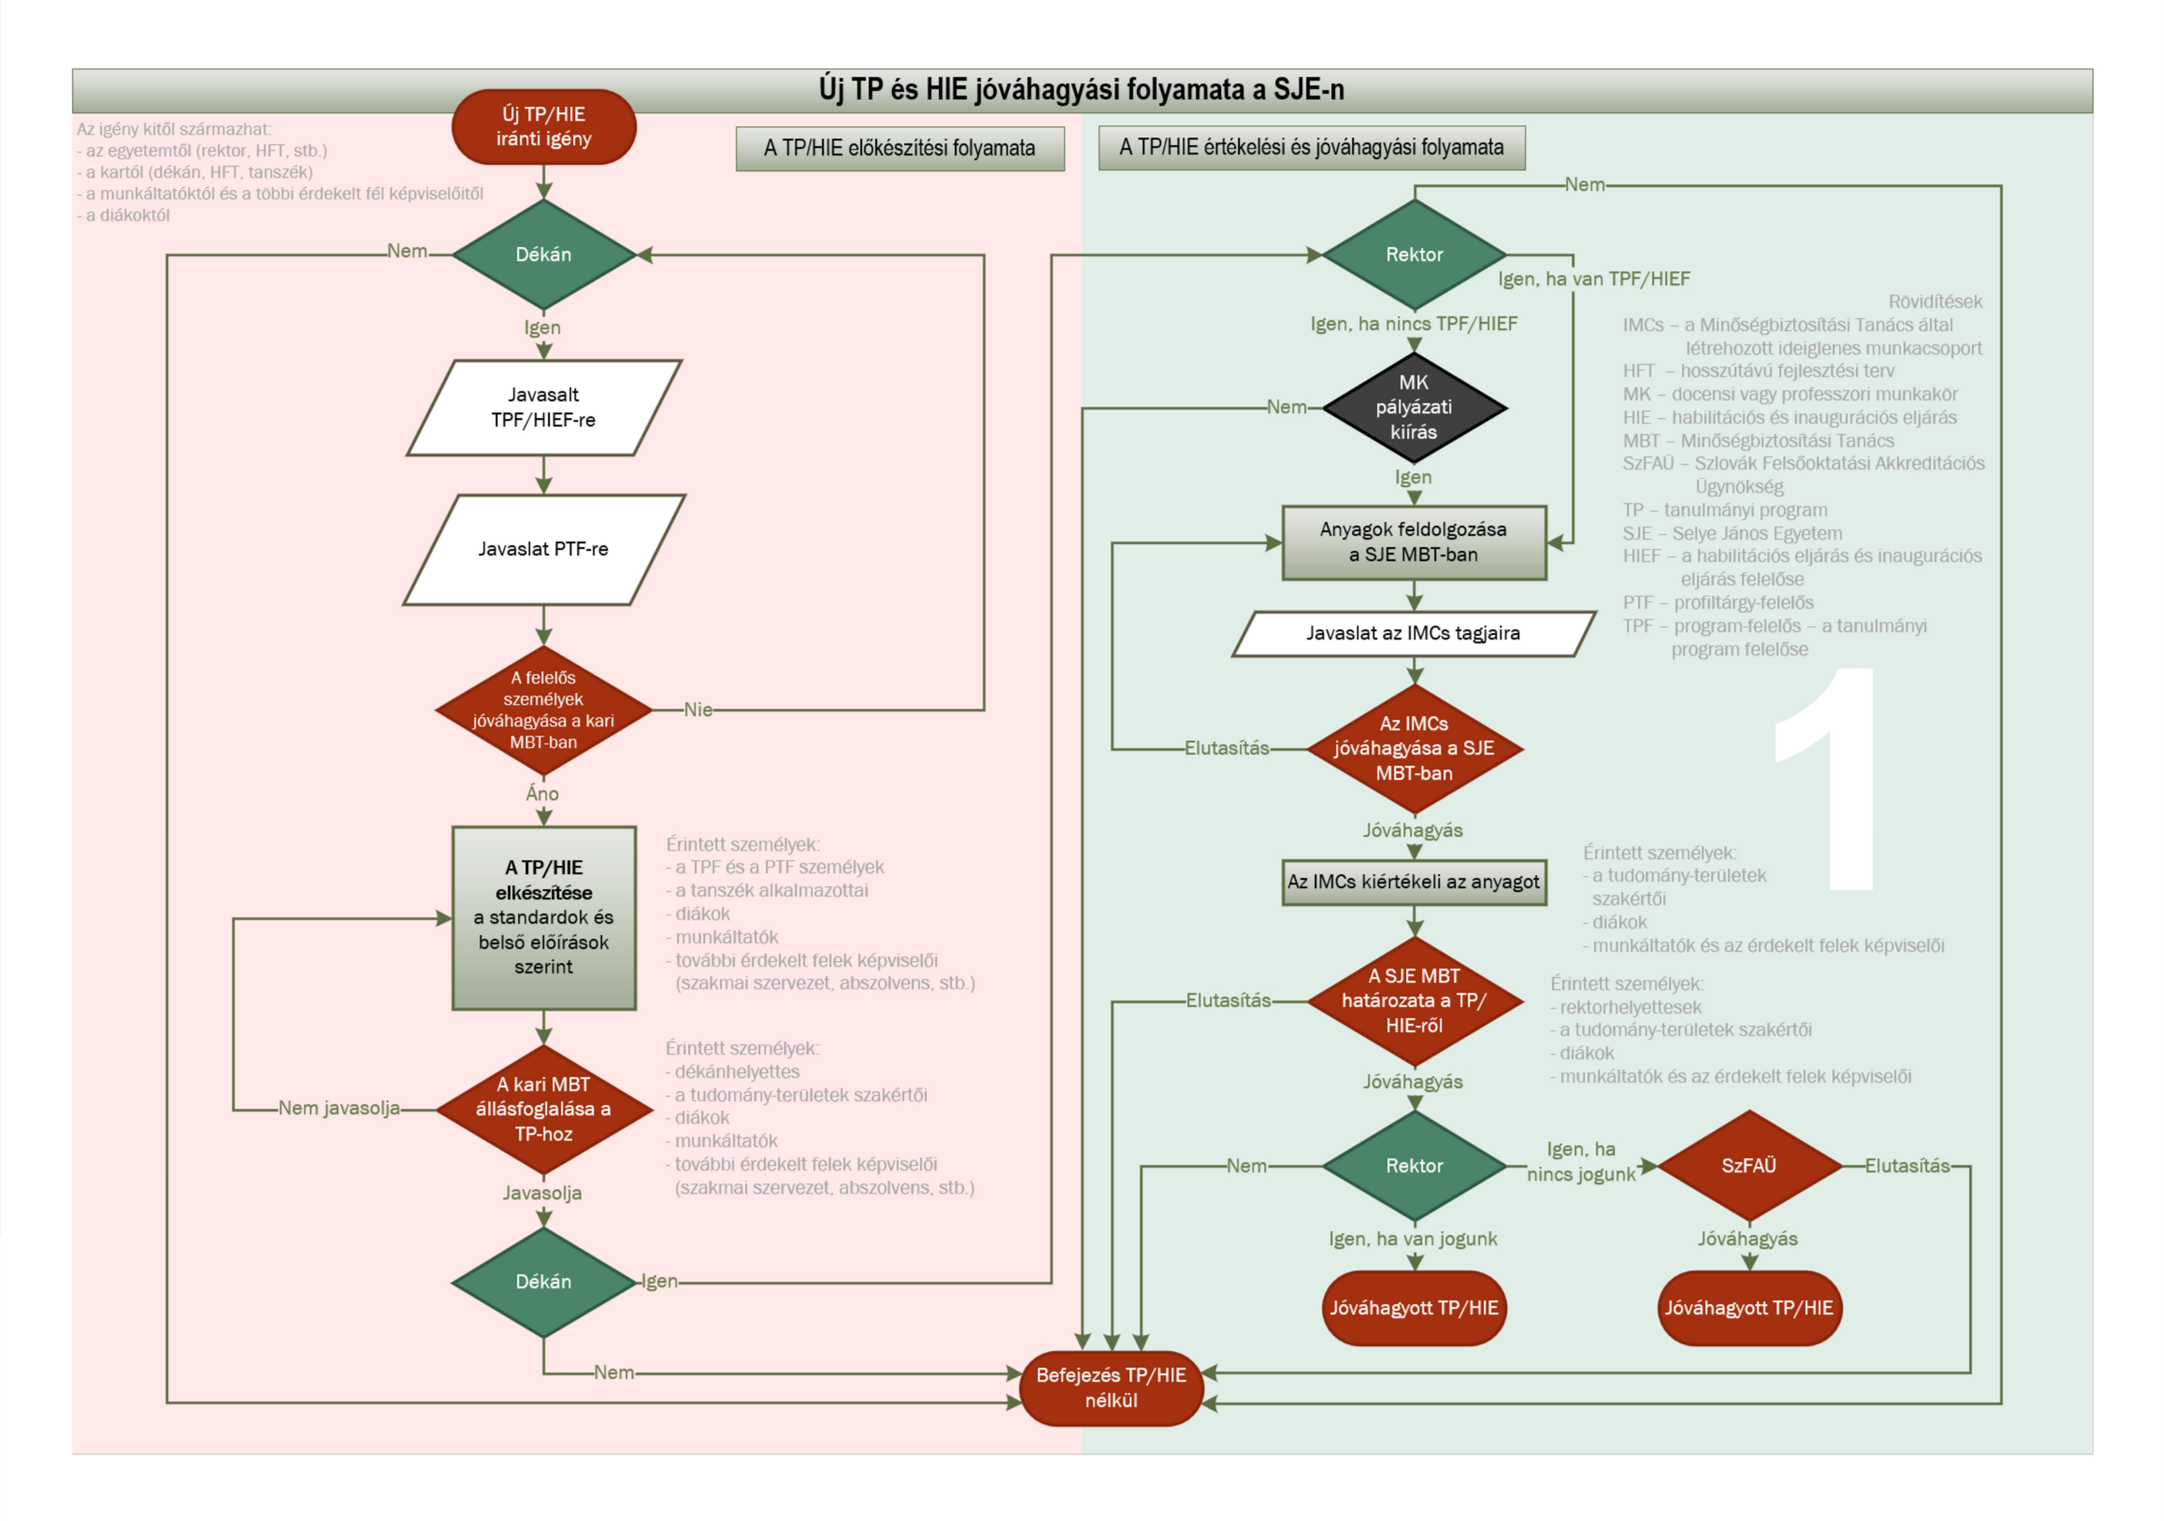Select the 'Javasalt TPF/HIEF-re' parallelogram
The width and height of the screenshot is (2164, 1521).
pos(544,407)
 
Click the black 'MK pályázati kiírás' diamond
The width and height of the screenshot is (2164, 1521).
pos(1414,407)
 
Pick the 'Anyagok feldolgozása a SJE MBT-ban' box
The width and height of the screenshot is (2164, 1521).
pos(1414,543)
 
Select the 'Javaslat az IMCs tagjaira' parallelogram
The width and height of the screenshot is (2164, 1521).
pos(1414,633)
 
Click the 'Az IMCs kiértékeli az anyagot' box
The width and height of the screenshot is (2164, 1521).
pos(1414,882)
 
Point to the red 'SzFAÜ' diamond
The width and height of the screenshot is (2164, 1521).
pos(1749,1166)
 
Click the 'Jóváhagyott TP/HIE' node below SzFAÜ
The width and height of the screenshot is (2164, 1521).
pos(1749,1308)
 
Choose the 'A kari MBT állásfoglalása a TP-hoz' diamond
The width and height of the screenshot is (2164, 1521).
pos(544,1109)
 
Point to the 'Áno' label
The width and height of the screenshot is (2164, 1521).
pos(543,794)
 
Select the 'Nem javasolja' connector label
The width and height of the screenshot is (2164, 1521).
pos(339,1108)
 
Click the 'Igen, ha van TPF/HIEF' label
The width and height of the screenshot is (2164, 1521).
pos(1594,279)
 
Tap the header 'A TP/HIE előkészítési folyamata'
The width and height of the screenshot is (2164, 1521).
pos(900,148)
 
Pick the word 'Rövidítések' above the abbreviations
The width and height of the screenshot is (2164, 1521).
pos(1935,302)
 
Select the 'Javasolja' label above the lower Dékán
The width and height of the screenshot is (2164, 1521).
pos(542,1193)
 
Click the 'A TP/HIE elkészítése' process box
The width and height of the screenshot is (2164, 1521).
pos(544,918)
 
